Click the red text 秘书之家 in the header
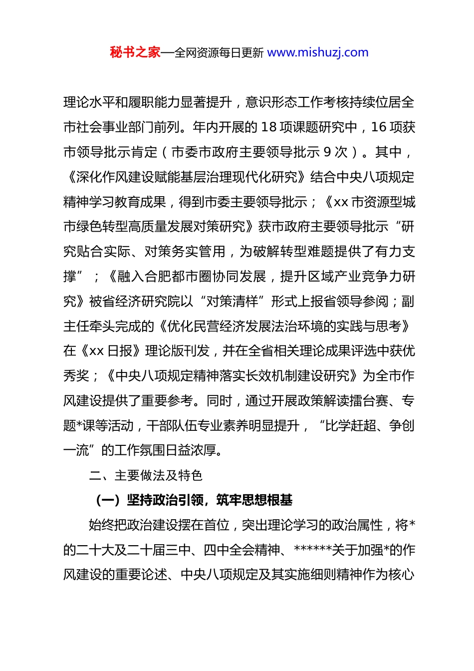tap(135, 52)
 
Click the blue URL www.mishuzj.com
tap(318, 52)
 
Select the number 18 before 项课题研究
tap(269, 127)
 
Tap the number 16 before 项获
tap(379, 127)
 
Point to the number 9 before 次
tap(327, 152)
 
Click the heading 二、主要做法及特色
tap(146, 475)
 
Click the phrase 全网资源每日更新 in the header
tap(219, 53)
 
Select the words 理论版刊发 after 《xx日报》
tap(177, 351)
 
